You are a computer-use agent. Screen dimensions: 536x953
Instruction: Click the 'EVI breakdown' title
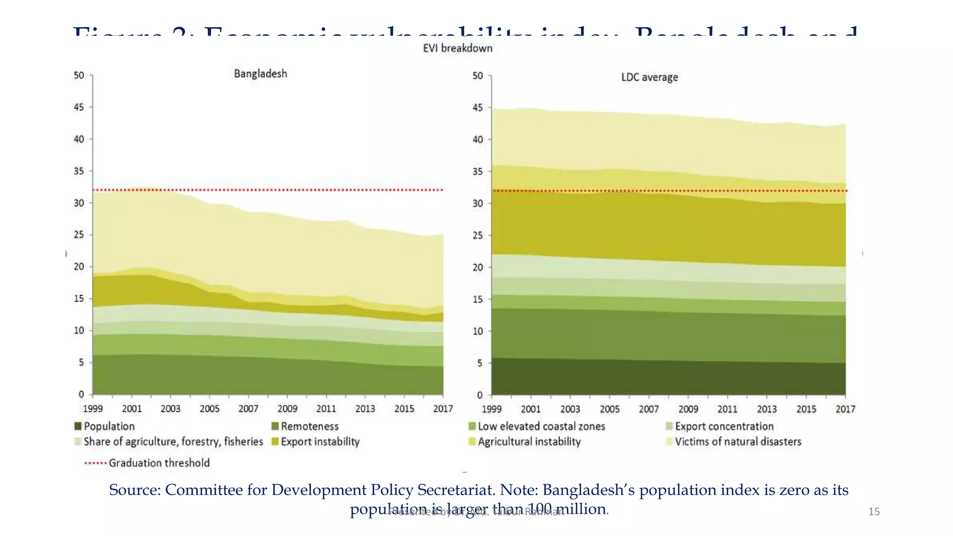(x=457, y=48)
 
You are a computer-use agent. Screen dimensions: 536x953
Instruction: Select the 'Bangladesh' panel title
(x=260, y=74)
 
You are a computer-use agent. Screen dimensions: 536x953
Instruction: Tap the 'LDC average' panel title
(x=649, y=77)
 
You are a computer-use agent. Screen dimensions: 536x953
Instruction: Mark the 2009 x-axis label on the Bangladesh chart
(x=287, y=409)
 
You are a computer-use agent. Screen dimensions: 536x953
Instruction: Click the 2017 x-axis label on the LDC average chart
(x=845, y=409)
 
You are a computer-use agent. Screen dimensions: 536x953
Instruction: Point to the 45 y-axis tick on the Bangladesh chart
(x=79, y=107)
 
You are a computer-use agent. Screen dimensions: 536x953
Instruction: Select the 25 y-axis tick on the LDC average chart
(x=477, y=235)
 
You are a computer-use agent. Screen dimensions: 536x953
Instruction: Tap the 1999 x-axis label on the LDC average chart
(x=491, y=409)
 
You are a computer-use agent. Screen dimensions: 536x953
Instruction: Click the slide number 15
(x=874, y=512)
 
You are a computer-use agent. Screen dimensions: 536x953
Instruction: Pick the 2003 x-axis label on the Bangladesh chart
(x=170, y=409)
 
